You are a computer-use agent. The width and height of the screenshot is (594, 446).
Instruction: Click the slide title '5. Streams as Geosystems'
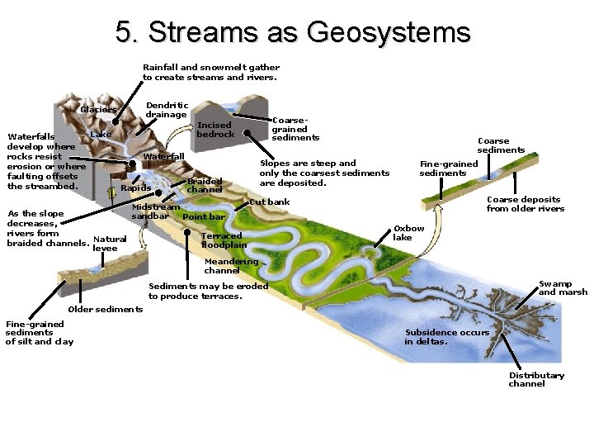coord(293,32)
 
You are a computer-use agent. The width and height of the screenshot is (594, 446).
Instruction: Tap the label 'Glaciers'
coord(98,110)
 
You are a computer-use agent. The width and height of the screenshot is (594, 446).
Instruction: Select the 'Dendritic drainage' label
coord(167,110)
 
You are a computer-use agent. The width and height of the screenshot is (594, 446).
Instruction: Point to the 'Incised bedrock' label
coord(215,130)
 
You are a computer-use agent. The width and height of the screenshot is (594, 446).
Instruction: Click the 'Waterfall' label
coord(163,156)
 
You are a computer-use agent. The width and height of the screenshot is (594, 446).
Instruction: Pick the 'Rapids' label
coord(135,188)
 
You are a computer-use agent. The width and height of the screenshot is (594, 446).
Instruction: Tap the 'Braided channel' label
coord(205,185)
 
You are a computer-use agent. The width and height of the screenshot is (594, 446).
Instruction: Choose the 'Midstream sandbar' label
coord(155,211)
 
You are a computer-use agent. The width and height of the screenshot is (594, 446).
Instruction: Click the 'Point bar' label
coord(203,217)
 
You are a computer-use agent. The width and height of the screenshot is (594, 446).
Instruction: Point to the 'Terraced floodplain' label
coord(224,240)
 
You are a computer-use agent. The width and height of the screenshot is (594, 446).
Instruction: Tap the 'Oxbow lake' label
coord(408,233)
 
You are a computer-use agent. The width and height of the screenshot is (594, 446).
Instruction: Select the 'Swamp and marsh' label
coord(563,288)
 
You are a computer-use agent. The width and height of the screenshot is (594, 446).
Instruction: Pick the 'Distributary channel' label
coord(536,379)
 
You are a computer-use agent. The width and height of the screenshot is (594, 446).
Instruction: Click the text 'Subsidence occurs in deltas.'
coord(446,337)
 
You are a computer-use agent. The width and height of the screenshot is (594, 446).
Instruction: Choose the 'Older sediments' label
coord(105,310)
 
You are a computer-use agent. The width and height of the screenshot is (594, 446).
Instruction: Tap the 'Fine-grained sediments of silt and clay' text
coord(40,333)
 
